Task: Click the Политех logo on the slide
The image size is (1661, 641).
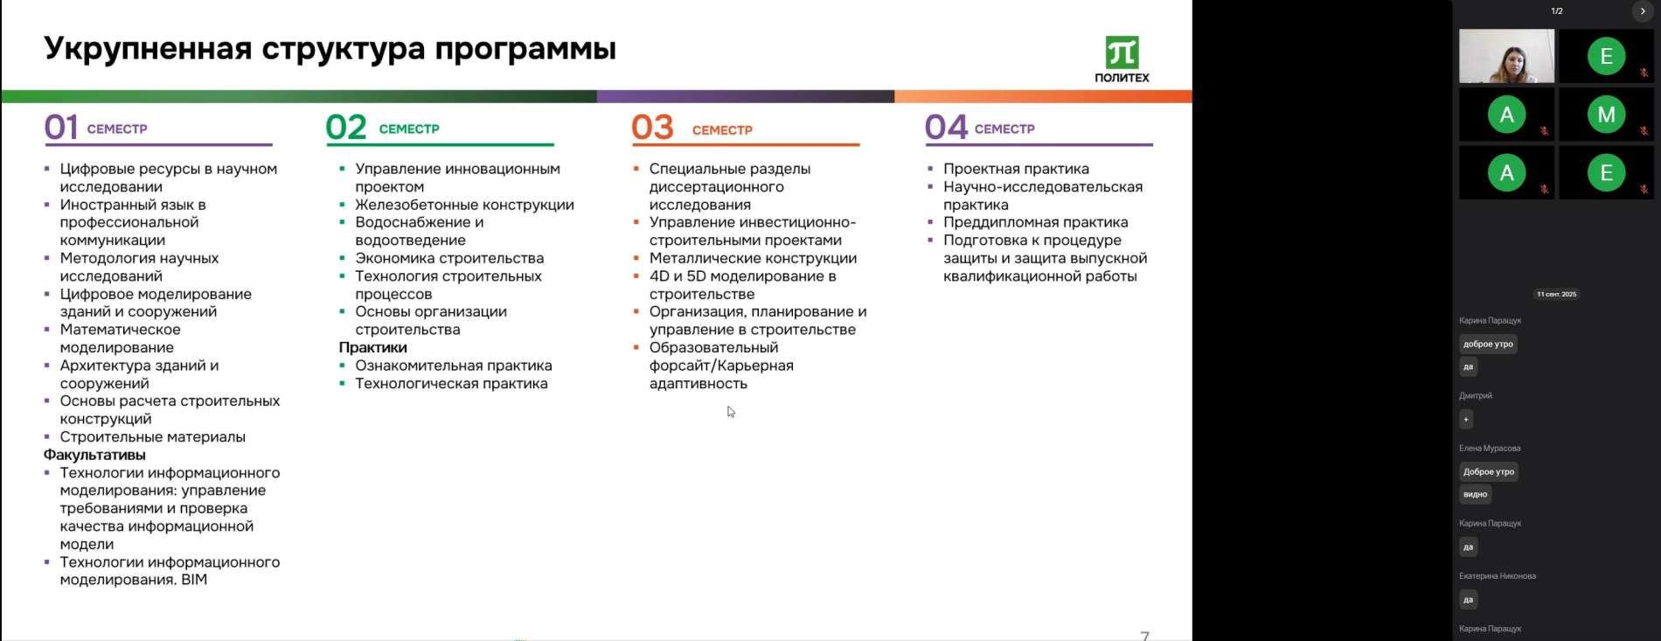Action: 1122,59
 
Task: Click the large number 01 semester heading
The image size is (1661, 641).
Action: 61,128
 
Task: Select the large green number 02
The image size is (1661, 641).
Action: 345,128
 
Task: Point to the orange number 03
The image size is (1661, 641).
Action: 652,128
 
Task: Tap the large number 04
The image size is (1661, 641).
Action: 946,128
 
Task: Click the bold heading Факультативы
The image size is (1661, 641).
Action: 94,455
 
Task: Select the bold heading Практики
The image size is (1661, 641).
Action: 372,347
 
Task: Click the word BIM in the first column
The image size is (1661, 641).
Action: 194,580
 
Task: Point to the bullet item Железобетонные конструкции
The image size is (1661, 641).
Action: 464,205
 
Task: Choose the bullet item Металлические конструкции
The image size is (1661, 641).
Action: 753,258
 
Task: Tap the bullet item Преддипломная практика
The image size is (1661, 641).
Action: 1035,222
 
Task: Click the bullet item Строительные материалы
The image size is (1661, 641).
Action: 152,436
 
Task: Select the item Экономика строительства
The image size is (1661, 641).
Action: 449,258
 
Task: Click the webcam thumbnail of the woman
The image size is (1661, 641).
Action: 1506,56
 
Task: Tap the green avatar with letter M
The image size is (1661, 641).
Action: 1606,115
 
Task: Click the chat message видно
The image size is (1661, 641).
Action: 1475,495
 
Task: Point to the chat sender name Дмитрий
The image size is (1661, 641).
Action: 1476,395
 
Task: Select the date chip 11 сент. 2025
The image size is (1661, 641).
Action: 1556,294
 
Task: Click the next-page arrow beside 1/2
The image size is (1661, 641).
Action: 1643,11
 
